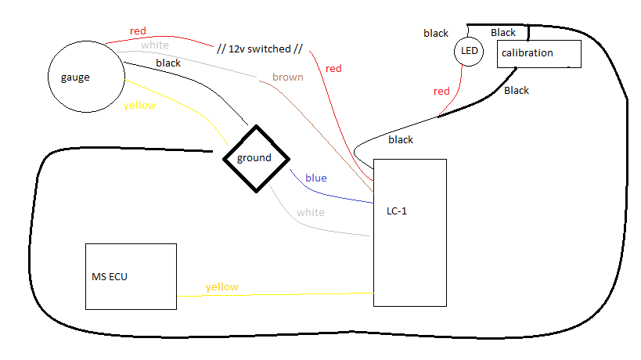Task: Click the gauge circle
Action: pos(87,76)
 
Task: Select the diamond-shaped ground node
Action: pos(254,158)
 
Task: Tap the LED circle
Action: pos(469,52)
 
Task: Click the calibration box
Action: pos(538,53)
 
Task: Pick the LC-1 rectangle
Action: pos(409,232)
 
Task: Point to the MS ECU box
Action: pos(131,275)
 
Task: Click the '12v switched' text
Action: pos(258,49)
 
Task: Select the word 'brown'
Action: pos(287,77)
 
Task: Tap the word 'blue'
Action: pos(315,178)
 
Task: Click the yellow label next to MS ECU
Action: pos(221,286)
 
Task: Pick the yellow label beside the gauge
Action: pos(140,105)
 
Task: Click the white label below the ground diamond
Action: pos(310,212)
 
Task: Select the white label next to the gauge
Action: pos(154,45)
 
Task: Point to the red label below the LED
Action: pos(441,91)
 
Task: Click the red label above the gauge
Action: pos(138,31)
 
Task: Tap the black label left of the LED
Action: pos(436,33)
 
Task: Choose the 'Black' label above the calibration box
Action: pos(503,32)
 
